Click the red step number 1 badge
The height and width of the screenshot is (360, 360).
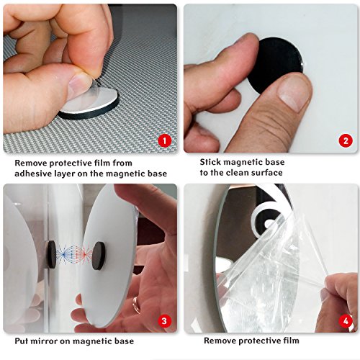(x=165, y=140)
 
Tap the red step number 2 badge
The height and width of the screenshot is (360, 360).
(x=346, y=140)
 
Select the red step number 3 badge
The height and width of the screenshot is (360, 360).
(x=164, y=321)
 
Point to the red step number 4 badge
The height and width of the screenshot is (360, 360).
(x=346, y=321)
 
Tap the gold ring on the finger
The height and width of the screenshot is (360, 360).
(x=136, y=305)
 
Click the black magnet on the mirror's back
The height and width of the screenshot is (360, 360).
(x=99, y=256)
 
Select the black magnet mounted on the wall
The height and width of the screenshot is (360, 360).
(x=51, y=255)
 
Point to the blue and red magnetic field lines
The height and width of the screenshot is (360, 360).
(x=74, y=255)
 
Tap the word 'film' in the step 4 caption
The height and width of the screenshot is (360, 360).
(x=291, y=341)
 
